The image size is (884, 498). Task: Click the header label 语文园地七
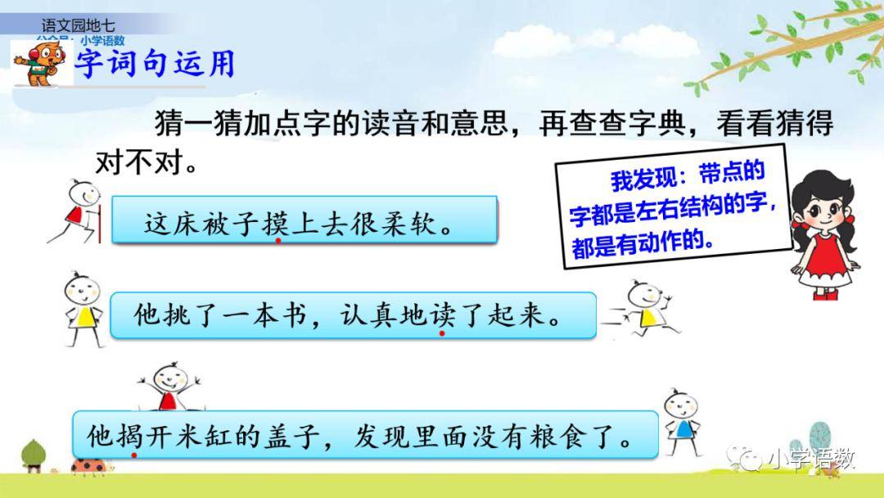(78, 25)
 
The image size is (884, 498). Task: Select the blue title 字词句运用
(155, 62)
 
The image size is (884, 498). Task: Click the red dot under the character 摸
(278, 241)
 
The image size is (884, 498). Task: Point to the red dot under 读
(442, 333)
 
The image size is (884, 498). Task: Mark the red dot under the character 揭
(134, 455)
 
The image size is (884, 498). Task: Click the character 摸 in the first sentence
(277, 223)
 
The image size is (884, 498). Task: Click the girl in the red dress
(823, 235)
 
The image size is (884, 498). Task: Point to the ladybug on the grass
(88, 465)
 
